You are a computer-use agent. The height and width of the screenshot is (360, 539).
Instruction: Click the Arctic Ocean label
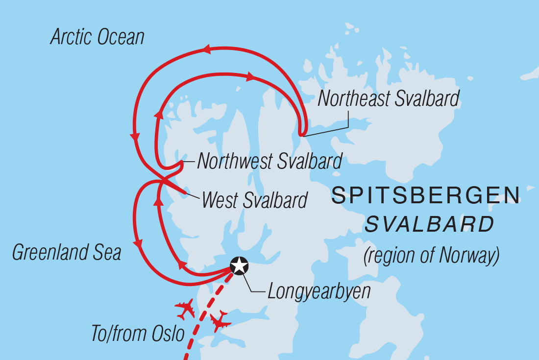[x=98, y=37]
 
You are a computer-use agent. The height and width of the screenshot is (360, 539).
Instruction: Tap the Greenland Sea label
[x=67, y=253]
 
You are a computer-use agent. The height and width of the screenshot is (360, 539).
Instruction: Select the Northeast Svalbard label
[x=389, y=98]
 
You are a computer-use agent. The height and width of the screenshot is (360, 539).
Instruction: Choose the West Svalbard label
[x=254, y=200]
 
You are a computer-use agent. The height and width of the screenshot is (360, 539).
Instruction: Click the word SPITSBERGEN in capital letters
[x=425, y=196]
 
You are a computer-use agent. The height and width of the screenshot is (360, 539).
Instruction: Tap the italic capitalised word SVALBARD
[x=429, y=225]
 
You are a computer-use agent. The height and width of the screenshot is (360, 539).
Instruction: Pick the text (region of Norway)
[x=431, y=255]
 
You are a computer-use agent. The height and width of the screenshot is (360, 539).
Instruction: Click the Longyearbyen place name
[x=319, y=292]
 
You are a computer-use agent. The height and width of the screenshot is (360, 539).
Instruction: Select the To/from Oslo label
[x=138, y=334]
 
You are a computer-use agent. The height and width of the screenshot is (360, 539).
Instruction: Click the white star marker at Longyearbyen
[x=239, y=265]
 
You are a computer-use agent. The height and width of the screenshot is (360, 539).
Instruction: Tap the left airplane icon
[x=185, y=309]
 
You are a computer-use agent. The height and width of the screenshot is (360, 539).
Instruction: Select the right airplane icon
[x=220, y=321]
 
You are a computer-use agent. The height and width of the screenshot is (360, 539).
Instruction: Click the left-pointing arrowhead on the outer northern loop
[x=206, y=49]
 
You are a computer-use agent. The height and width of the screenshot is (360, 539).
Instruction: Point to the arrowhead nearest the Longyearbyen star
[x=181, y=265]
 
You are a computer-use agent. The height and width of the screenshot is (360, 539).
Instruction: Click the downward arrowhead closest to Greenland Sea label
[x=139, y=243]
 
